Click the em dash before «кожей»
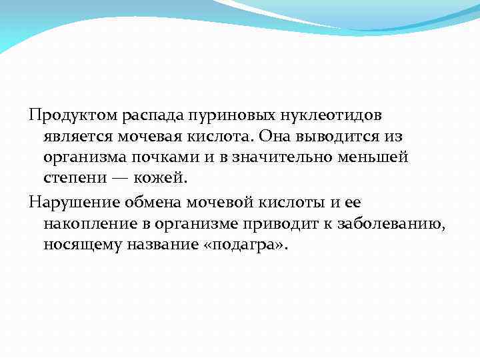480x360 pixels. (x=119, y=178)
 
